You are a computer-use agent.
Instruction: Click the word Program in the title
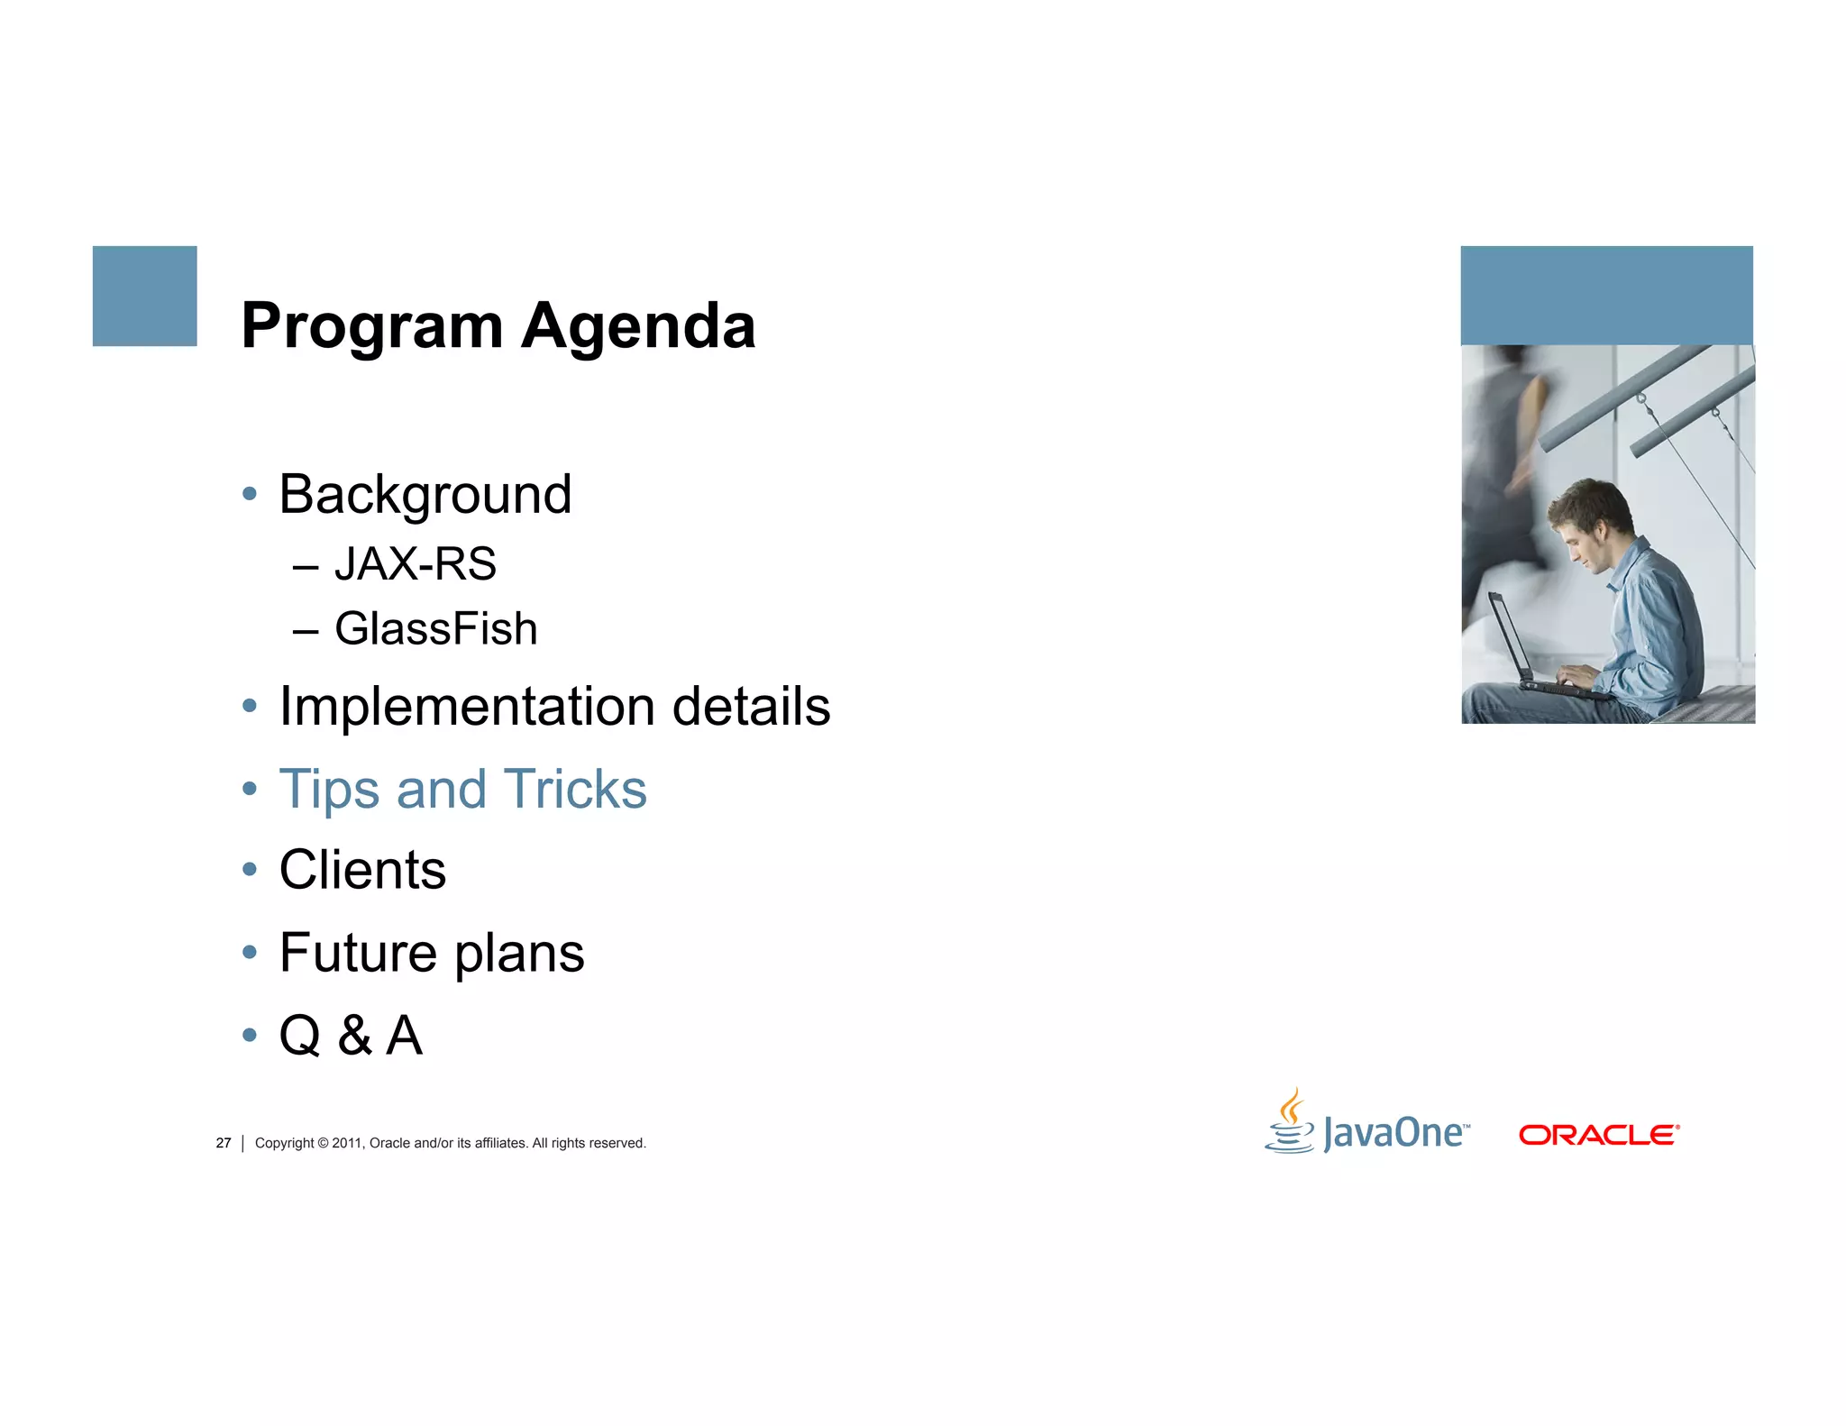coord(371,327)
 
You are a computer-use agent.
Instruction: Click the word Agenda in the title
coord(638,327)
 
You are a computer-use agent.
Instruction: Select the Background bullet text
coord(425,495)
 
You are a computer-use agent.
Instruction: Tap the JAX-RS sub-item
coord(415,564)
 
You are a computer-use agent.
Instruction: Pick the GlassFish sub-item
coord(435,629)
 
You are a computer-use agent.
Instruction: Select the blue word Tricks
coord(574,790)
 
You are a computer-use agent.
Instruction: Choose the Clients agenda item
coord(362,871)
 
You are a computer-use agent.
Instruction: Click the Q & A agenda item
coord(351,1035)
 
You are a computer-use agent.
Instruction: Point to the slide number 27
coord(224,1143)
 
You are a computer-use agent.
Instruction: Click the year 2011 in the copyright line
coord(346,1143)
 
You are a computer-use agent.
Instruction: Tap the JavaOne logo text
coord(1394,1133)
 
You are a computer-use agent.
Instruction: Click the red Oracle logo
coord(1598,1135)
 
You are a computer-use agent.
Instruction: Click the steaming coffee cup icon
coord(1291,1122)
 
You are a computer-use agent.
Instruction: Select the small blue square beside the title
coord(144,296)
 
